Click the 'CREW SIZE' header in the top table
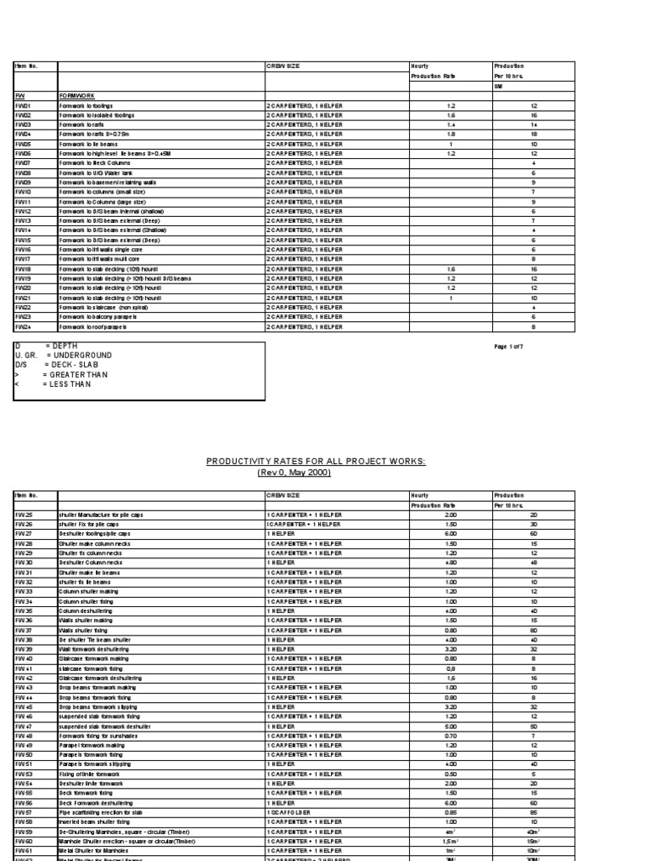point(282,66)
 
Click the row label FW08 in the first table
point(23,172)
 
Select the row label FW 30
point(24,562)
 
